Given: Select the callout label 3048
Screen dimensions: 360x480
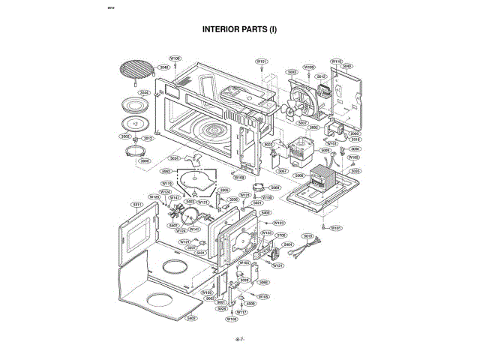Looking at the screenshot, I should pos(163,67).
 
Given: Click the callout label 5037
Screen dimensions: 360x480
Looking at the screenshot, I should pos(303,122).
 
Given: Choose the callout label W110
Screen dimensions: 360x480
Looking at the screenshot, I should pos(337,61).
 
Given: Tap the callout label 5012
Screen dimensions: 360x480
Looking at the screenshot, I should pos(321,76).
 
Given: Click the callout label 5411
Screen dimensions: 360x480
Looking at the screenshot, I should pos(137,204).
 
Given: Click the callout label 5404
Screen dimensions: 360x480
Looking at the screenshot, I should pos(287,244).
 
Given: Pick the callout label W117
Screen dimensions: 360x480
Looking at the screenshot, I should pos(241,311).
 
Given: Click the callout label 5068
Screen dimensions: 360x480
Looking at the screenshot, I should pos(275,187).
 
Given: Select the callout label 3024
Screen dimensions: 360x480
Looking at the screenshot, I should pos(174,158).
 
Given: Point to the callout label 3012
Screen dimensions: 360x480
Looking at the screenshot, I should pos(148,138).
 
